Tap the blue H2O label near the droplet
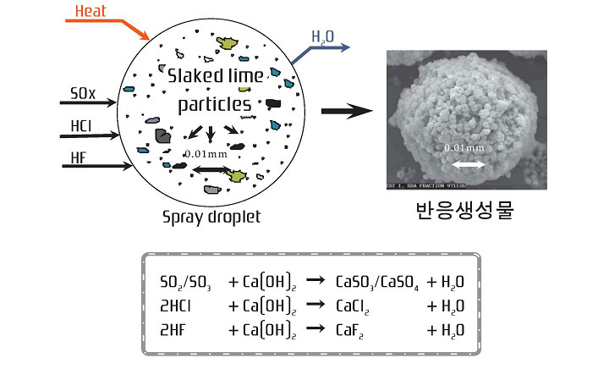click(322, 36)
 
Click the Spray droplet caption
click(211, 216)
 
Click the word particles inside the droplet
click(214, 104)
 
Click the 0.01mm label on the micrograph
click(465, 148)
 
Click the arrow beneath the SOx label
click(89, 103)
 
